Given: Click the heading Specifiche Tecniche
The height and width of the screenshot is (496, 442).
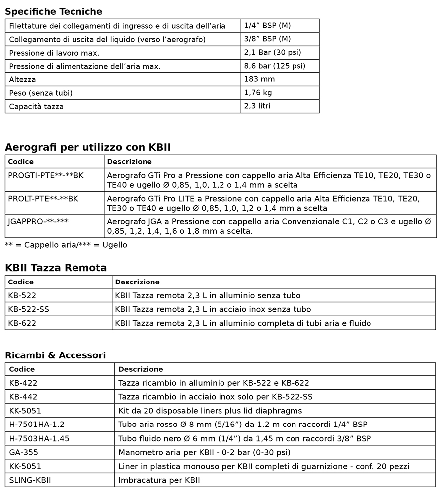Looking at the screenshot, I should [x=54, y=11].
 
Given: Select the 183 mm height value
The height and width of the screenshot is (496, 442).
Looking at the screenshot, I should [x=259, y=79].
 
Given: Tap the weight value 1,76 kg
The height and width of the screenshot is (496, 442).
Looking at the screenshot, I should [x=258, y=93].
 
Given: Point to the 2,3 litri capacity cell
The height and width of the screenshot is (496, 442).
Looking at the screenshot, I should [x=257, y=106].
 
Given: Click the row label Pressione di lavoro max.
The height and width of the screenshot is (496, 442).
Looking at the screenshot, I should [x=55, y=53].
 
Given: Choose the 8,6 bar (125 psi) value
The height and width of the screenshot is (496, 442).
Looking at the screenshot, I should [x=275, y=66].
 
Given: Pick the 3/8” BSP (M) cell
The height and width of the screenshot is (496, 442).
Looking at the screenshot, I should [x=267, y=39].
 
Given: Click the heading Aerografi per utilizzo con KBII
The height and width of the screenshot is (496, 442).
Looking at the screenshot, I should [x=88, y=147].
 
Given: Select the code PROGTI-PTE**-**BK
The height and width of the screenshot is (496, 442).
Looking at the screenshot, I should [x=46, y=175].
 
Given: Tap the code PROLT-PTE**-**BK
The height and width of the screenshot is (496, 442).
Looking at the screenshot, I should [x=43, y=199].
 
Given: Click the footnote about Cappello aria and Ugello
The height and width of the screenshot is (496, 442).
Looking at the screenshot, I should [x=66, y=245].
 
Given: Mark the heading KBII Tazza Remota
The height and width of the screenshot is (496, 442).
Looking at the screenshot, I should [x=56, y=268].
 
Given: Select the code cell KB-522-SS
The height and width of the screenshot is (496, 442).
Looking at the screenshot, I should [x=29, y=309].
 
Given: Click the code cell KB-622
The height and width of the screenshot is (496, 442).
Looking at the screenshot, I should [x=22, y=323].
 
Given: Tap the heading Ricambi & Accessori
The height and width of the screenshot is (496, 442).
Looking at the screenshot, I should [x=55, y=355].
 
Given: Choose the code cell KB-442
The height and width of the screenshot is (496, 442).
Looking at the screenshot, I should [x=23, y=397].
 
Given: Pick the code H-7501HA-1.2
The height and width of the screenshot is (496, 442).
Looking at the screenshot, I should [x=37, y=425].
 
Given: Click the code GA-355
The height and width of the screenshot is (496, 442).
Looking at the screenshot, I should [x=23, y=452].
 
